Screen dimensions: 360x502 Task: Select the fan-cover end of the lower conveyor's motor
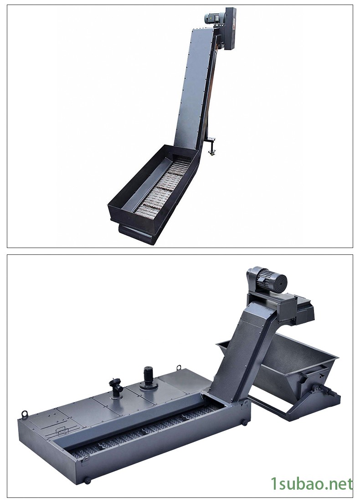click(279, 282)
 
